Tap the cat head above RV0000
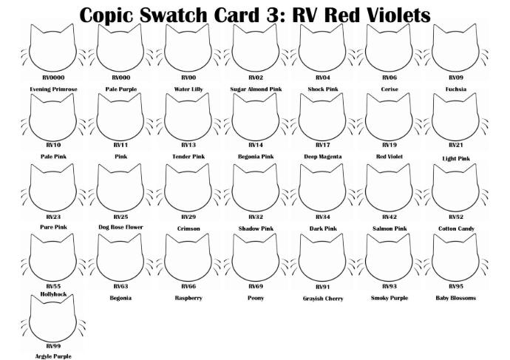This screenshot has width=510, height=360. (53, 49)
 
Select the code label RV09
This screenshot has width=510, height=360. (456, 77)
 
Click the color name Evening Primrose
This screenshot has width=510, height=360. (53, 89)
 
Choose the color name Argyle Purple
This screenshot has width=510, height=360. (53, 356)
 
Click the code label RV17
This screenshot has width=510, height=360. (322, 145)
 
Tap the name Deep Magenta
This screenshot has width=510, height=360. (322, 157)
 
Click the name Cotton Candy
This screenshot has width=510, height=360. (456, 228)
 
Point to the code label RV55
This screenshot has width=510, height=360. (53, 285)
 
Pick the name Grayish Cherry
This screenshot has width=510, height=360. (323, 299)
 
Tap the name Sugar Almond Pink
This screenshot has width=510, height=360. (256, 89)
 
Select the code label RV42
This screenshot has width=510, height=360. (390, 217)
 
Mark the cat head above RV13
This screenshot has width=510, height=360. (188, 117)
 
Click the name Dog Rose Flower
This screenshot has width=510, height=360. (120, 227)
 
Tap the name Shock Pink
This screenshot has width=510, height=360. (323, 89)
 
